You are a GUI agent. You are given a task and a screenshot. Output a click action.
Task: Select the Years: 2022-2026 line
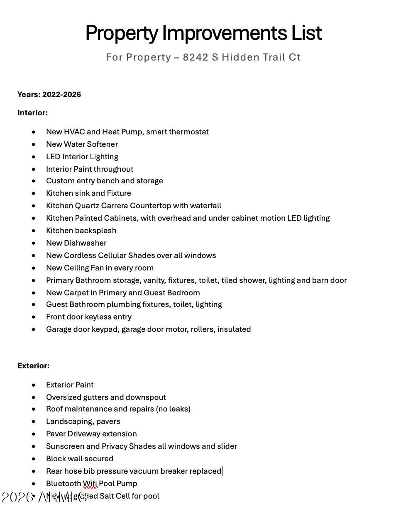(x=49, y=95)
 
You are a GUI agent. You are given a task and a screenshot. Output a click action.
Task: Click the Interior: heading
(x=32, y=113)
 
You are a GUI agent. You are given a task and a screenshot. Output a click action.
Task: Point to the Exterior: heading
(x=33, y=366)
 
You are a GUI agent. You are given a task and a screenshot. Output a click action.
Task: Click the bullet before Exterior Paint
(x=34, y=385)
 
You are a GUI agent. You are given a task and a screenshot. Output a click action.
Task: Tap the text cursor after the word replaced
(x=223, y=471)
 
